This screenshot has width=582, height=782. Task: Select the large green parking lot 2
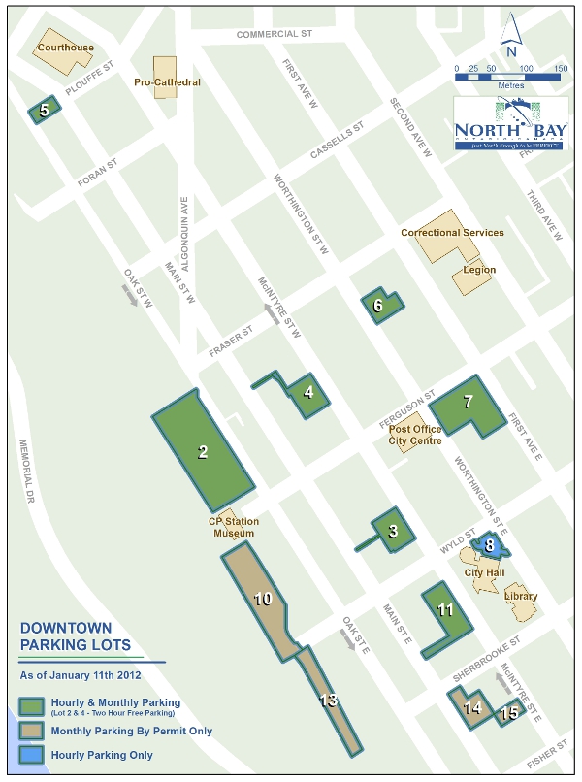click(203, 451)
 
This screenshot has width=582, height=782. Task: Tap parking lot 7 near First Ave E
click(468, 403)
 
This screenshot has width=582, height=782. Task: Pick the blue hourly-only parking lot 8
click(491, 545)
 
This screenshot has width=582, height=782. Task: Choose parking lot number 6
click(379, 306)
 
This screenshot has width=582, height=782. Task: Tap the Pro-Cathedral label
click(167, 82)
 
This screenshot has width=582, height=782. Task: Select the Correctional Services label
click(452, 233)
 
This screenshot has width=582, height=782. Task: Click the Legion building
click(472, 272)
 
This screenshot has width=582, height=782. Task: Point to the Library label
click(521, 597)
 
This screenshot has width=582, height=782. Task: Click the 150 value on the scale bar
click(561, 69)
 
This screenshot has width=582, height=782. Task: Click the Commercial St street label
click(275, 35)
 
